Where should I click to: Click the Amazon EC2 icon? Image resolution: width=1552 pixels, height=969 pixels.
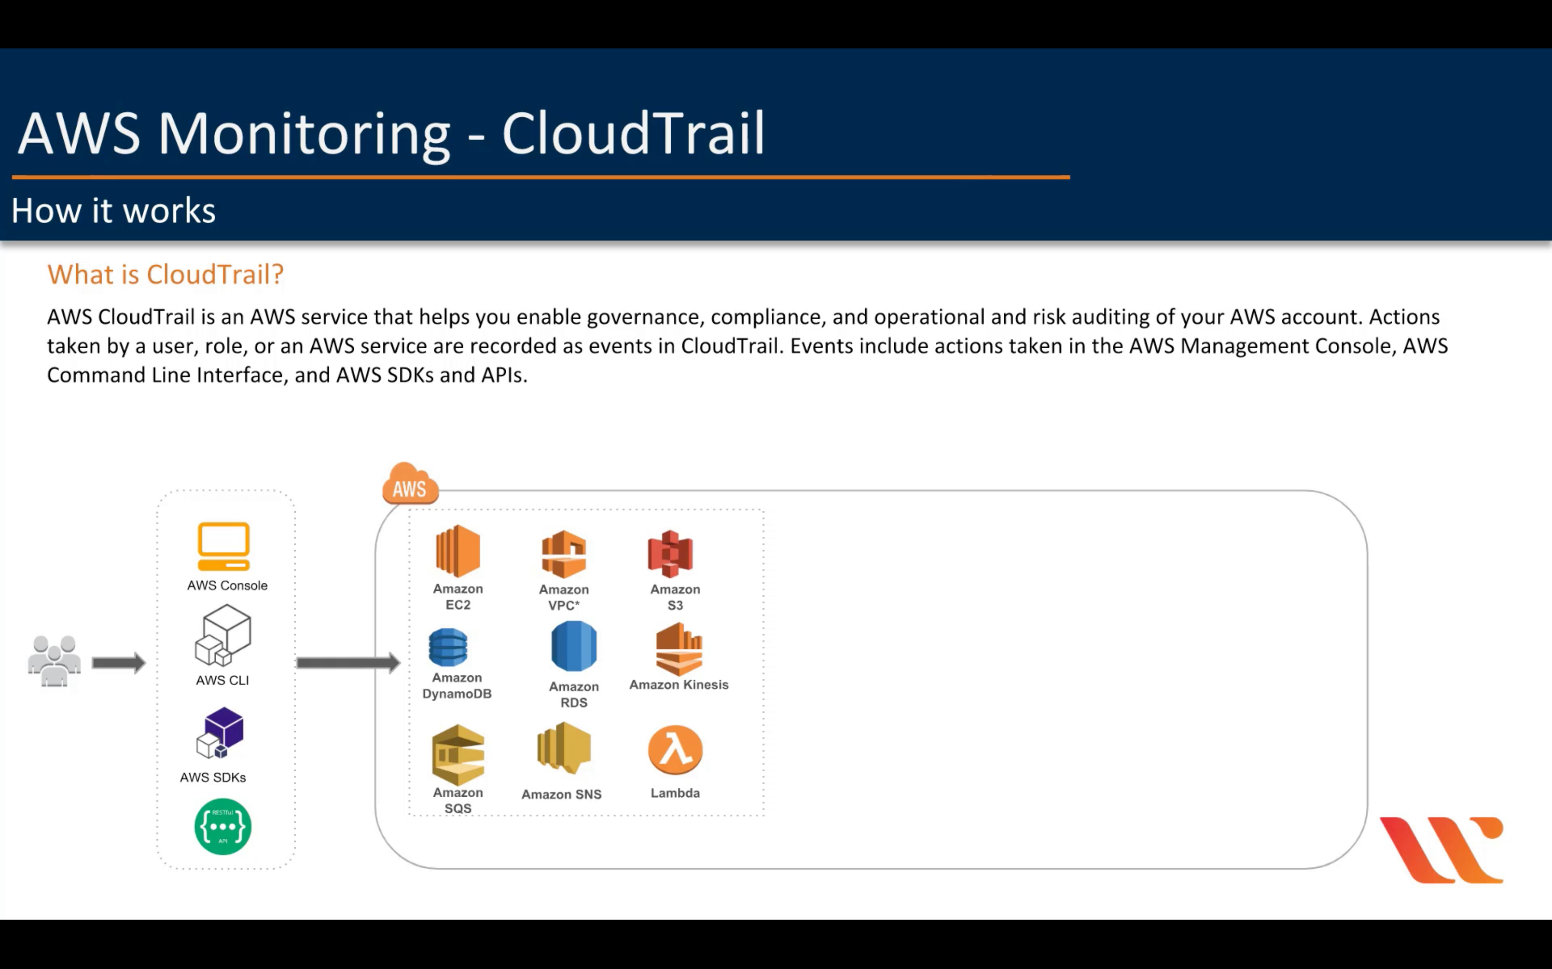[x=458, y=551]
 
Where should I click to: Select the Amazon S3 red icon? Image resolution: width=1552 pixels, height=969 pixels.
[x=670, y=554]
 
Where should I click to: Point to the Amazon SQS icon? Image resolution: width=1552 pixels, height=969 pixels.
[x=458, y=755]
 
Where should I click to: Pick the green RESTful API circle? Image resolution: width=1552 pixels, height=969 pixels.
[x=223, y=827]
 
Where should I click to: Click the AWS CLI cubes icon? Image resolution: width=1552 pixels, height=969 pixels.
[x=223, y=636]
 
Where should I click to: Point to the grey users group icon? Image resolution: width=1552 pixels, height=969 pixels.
[x=55, y=661]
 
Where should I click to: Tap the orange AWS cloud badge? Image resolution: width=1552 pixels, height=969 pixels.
[x=411, y=484]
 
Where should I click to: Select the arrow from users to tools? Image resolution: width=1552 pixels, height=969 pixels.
[x=119, y=663]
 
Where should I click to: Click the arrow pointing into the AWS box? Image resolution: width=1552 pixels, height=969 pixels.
[x=348, y=663]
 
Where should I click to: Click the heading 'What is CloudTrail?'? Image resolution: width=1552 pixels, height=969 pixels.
[x=165, y=274]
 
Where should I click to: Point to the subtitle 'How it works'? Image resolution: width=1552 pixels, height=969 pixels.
[x=113, y=210]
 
